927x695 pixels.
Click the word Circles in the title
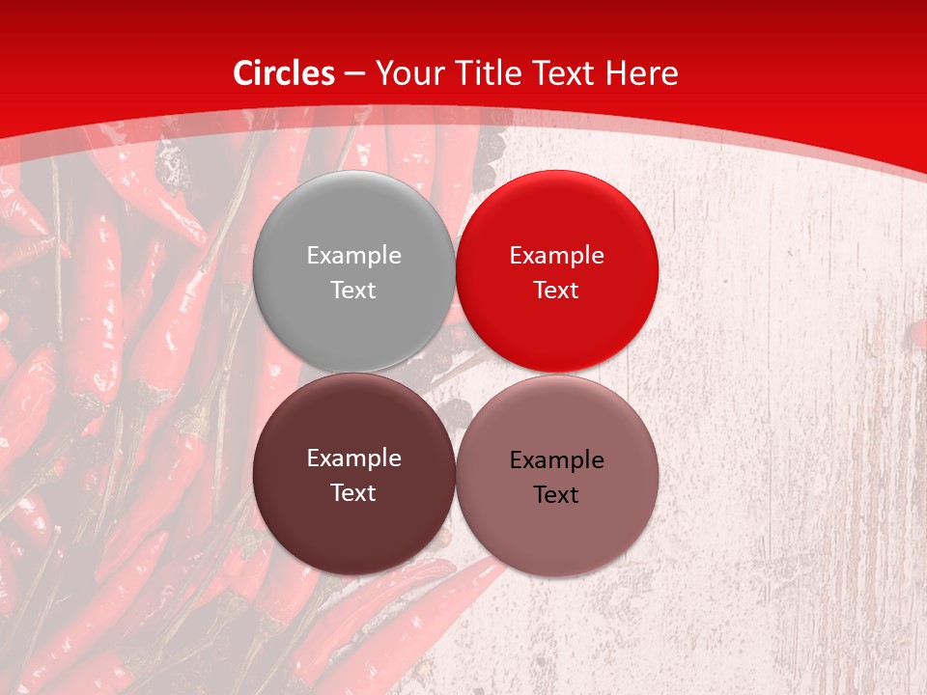[284, 73]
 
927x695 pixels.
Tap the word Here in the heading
[642, 73]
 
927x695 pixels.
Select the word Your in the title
[405, 73]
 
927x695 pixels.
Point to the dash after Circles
[354, 74]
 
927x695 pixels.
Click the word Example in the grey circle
[353, 255]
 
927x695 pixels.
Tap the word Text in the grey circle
[353, 290]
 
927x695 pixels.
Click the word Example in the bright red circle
[556, 255]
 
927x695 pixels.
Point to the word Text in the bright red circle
[556, 290]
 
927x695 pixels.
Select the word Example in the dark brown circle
[353, 459]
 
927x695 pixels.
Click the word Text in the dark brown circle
[353, 492]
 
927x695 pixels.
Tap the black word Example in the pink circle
[556, 460]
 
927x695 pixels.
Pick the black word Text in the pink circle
[556, 494]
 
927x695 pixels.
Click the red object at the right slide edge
[919, 334]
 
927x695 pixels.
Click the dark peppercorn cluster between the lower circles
[454, 415]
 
